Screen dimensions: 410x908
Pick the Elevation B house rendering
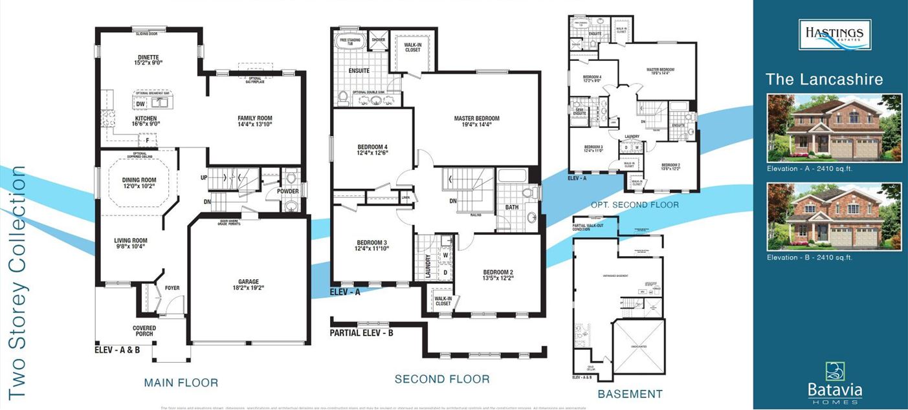click(834, 217)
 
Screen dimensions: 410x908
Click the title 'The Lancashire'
click(824, 80)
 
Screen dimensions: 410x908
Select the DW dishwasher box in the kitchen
click(140, 104)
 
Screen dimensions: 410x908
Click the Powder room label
click(287, 191)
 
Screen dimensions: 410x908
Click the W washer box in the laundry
click(445, 255)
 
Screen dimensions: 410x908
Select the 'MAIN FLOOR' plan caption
click(181, 383)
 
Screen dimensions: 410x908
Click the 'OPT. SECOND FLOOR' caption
click(635, 205)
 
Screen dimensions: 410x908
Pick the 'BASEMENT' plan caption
click(630, 394)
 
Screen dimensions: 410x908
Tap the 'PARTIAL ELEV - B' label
click(361, 334)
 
